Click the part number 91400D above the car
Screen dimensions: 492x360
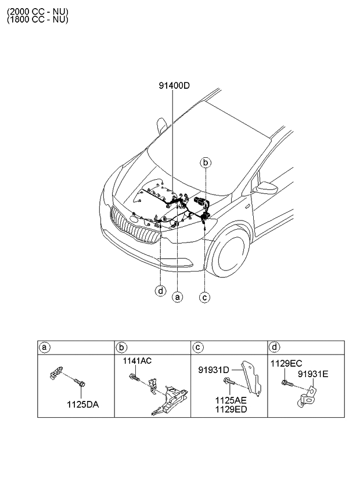pyautogui.click(x=174, y=86)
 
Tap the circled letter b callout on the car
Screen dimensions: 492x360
pyautogui.click(x=206, y=163)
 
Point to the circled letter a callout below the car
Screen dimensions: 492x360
pyautogui.click(x=178, y=296)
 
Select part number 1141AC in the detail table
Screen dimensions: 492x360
pyautogui.click(x=137, y=361)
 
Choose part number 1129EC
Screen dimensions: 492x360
pyautogui.click(x=286, y=363)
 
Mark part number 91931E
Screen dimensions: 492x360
pyautogui.click(x=314, y=374)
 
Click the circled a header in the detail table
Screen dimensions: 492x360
pyautogui.click(x=44, y=348)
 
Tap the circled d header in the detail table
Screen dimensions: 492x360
pyautogui.click(x=274, y=348)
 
